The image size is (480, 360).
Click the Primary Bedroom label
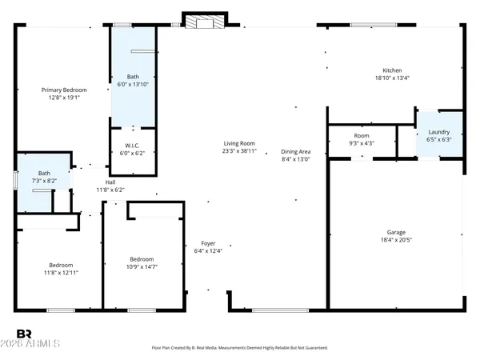pyautogui.click(x=64, y=90)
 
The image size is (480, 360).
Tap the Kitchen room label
pyautogui.click(x=392, y=70)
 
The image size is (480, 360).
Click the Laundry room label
pyautogui.click(x=439, y=132)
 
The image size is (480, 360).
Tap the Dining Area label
pyautogui.click(x=295, y=152)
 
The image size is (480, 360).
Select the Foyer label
pyautogui.click(x=208, y=243)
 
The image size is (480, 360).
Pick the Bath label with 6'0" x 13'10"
pyautogui.click(x=132, y=77)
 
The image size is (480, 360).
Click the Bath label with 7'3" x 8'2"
pyautogui.click(x=44, y=173)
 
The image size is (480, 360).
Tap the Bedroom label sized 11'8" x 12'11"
pyautogui.click(x=61, y=265)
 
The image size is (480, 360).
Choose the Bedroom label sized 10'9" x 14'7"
pyautogui.click(x=142, y=259)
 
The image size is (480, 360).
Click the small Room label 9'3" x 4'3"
pyautogui.click(x=362, y=136)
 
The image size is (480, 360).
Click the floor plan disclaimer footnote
pyautogui.click(x=240, y=348)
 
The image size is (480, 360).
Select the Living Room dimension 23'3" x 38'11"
pyautogui.click(x=239, y=151)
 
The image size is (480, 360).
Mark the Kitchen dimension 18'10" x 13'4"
pyautogui.click(x=392, y=78)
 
